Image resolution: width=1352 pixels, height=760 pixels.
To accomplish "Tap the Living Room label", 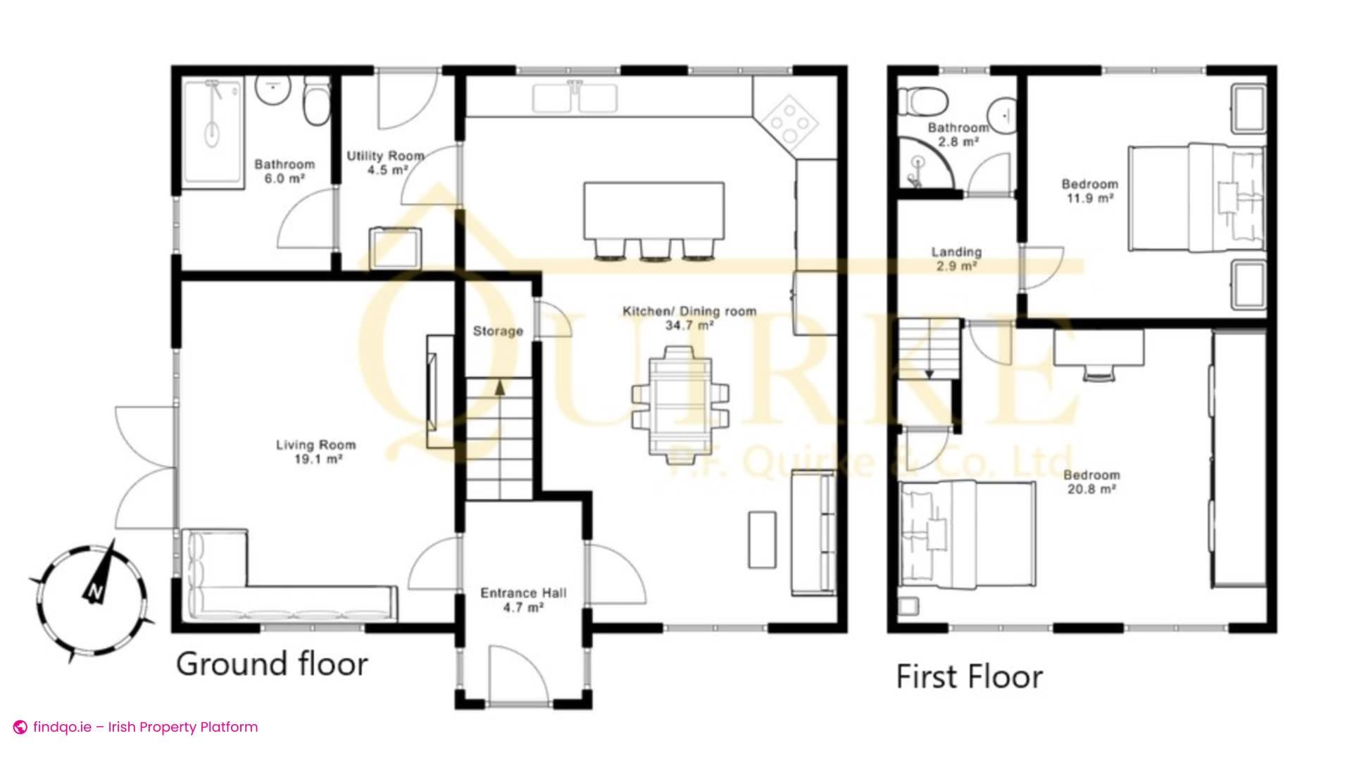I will click(x=315, y=445).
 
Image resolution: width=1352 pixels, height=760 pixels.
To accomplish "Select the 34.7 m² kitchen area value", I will click(x=689, y=325).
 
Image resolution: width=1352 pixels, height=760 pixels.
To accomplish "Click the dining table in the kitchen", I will click(x=680, y=405).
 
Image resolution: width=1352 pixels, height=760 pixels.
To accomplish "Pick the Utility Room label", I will click(x=385, y=156).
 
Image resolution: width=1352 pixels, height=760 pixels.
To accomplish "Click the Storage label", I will click(x=498, y=331).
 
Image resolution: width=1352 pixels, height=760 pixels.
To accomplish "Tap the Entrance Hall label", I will click(x=523, y=593).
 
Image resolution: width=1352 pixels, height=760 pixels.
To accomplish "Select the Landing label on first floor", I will click(x=956, y=252).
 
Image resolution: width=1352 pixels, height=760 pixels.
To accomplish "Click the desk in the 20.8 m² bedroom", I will click(x=1098, y=348).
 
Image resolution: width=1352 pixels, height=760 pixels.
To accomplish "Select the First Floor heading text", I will click(x=969, y=677).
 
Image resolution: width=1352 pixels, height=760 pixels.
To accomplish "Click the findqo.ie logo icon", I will click(x=20, y=727).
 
